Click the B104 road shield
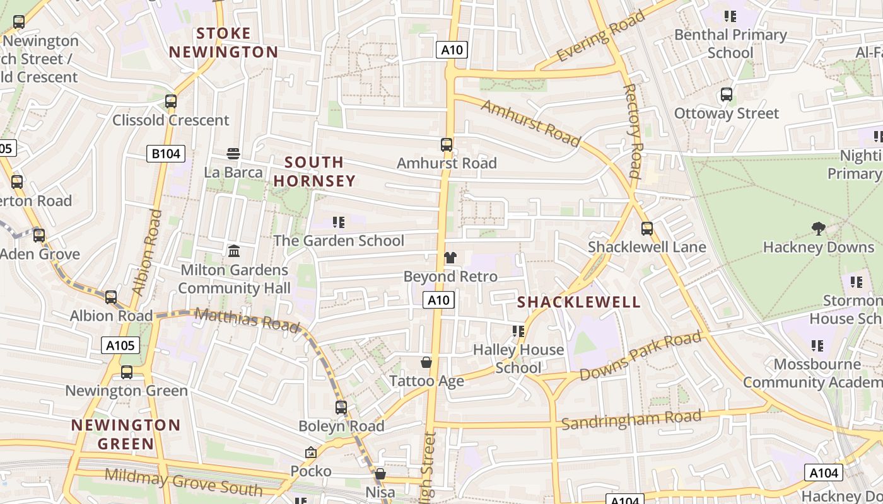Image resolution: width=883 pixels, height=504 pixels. (x=166, y=154)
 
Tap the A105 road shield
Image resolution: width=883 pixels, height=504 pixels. (x=120, y=345)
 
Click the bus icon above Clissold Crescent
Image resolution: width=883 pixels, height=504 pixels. (x=170, y=101)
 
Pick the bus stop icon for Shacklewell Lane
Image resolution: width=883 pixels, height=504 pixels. (x=646, y=228)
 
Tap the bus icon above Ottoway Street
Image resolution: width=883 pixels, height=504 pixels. (x=727, y=94)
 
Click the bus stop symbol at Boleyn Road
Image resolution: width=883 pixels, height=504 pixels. (x=341, y=407)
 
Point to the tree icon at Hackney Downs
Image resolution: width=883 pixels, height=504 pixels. (x=818, y=228)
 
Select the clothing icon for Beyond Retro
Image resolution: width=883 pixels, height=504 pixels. (x=450, y=258)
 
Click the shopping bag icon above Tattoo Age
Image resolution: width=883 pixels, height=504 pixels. (x=426, y=362)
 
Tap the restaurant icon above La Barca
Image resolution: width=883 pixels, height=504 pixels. (x=233, y=153)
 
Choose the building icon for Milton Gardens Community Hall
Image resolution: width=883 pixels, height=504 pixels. (x=234, y=251)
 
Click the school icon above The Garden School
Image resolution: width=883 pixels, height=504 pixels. (x=339, y=222)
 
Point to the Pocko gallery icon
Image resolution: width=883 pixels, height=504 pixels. (x=310, y=452)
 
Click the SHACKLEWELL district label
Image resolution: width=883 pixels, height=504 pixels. (x=579, y=302)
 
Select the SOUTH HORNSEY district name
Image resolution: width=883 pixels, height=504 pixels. (x=314, y=172)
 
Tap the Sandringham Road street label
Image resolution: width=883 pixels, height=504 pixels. (x=631, y=420)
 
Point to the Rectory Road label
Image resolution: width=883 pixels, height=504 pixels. (x=633, y=131)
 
